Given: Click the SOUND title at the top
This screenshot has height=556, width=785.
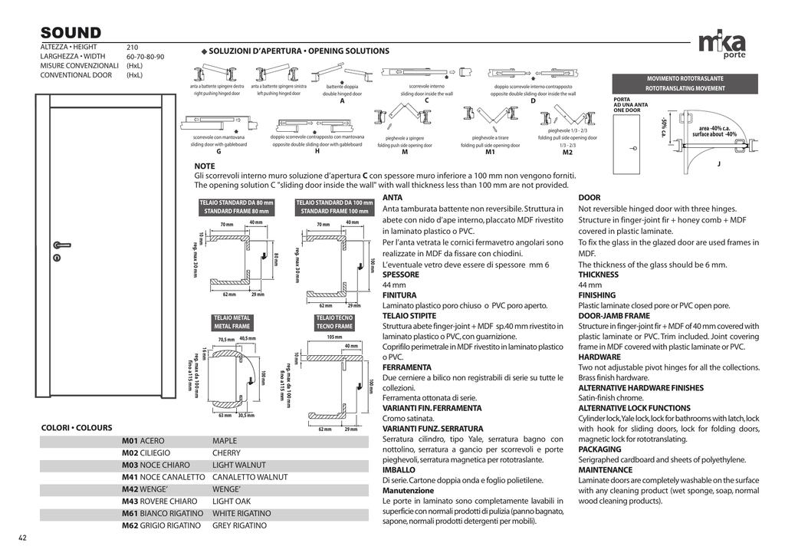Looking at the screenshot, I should [x=71, y=33].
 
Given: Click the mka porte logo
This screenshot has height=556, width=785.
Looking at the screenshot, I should [x=722, y=45].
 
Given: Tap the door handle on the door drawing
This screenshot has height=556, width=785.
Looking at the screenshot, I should [x=60, y=246].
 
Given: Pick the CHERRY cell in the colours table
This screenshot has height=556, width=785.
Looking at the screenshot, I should [x=226, y=453].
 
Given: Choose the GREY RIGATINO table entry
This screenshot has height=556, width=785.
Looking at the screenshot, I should [x=239, y=526].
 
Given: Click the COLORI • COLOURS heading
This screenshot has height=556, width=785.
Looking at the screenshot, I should [x=76, y=428].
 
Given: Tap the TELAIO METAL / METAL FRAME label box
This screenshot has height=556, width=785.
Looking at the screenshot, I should [x=232, y=322].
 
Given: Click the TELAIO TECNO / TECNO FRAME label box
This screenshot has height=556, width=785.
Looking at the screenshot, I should [x=334, y=322].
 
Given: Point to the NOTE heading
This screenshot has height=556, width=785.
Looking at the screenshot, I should [x=205, y=166].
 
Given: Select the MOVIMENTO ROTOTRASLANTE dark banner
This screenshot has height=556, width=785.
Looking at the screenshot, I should [x=685, y=84].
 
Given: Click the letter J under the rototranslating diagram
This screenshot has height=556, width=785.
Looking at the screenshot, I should [x=718, y=163].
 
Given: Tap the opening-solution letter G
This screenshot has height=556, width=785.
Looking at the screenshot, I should [x=218, y=151].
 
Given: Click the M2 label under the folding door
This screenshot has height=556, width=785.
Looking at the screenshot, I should [x=567, y=152].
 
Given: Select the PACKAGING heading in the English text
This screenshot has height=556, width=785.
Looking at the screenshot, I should [x=599, y=449].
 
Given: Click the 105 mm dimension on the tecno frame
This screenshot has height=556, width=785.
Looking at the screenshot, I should [x=334, y=337].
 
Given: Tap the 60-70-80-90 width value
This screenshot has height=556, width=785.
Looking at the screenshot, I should [x=145, y=57].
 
